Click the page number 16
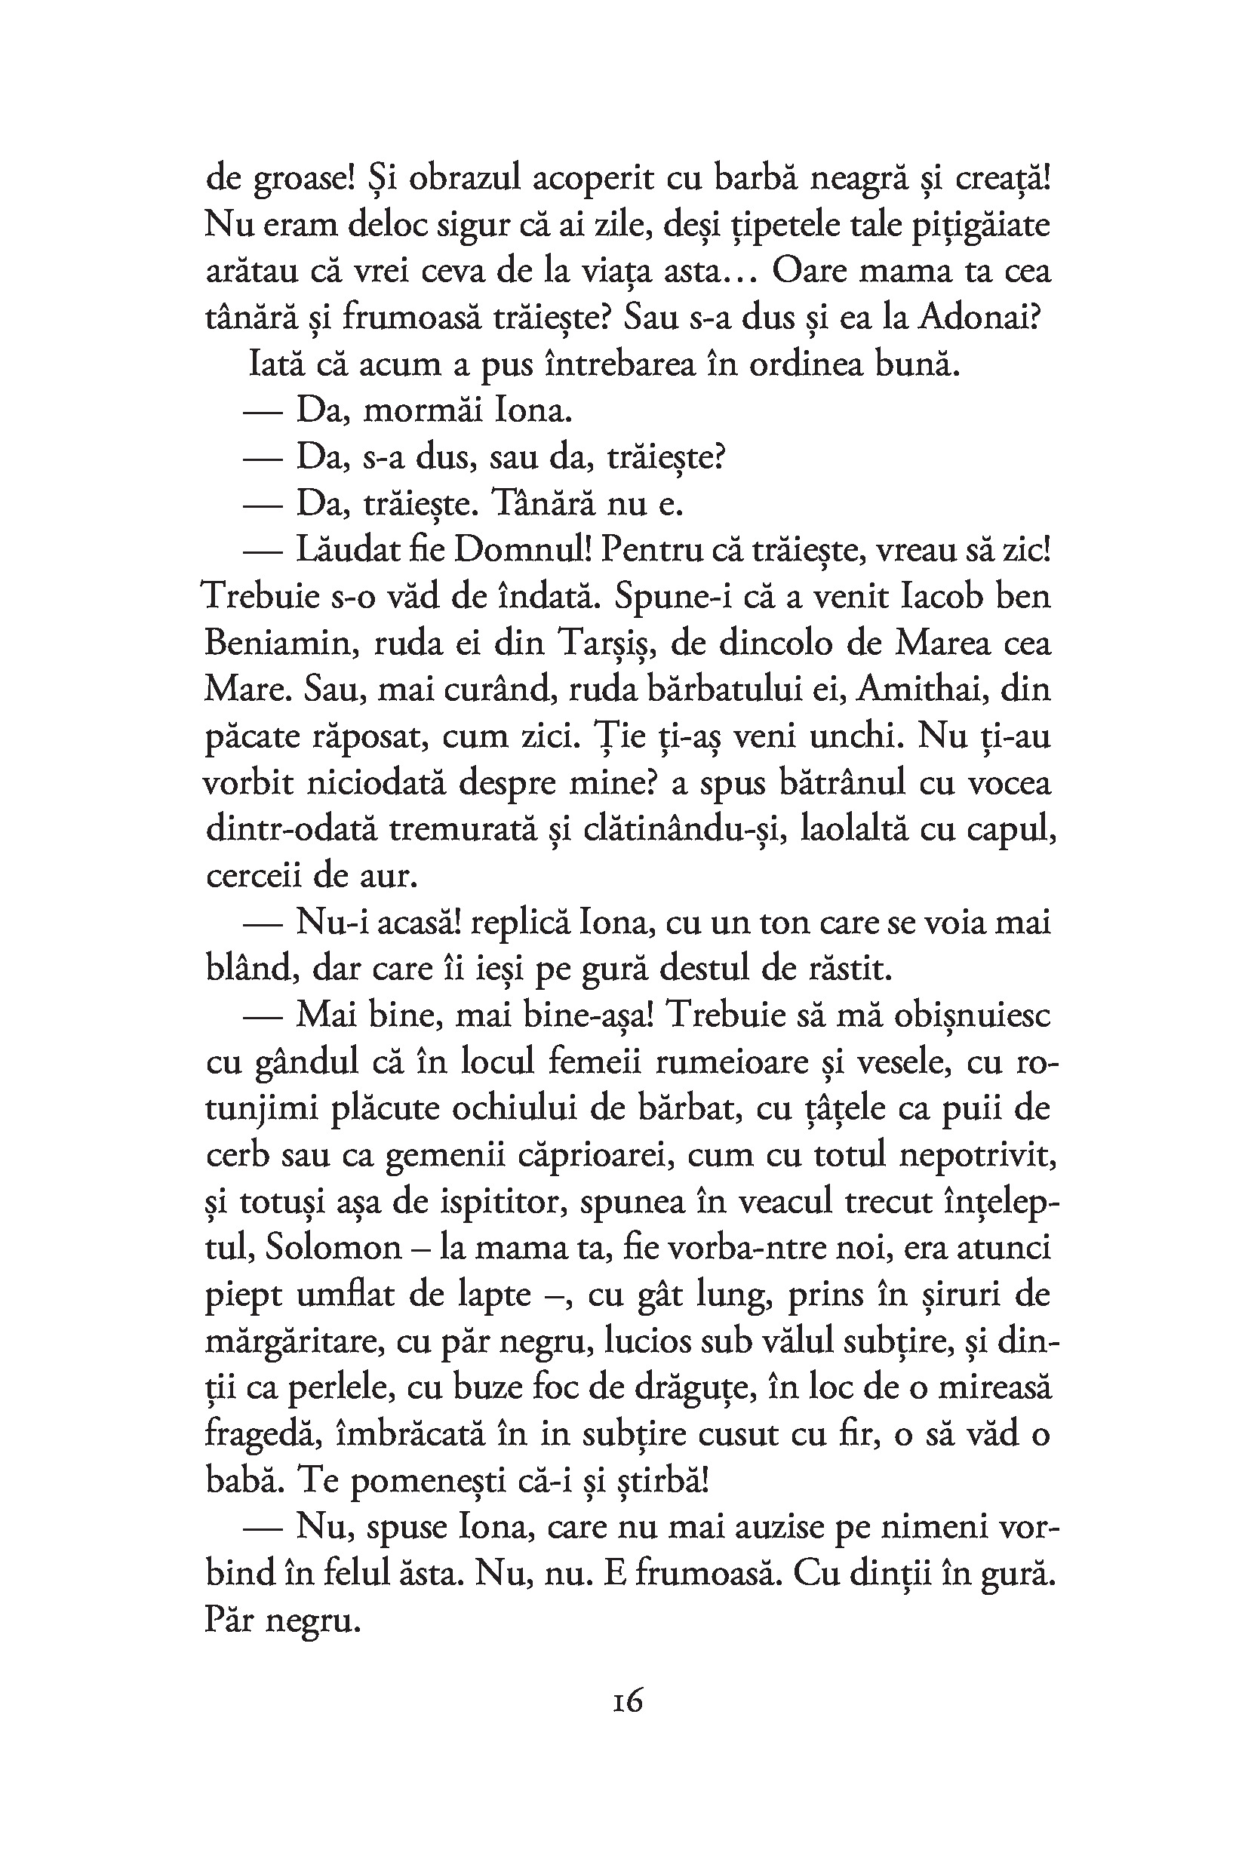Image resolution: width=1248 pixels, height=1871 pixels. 628,1700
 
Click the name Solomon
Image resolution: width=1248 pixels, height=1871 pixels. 334,1247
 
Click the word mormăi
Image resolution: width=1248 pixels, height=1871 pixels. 423,410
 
